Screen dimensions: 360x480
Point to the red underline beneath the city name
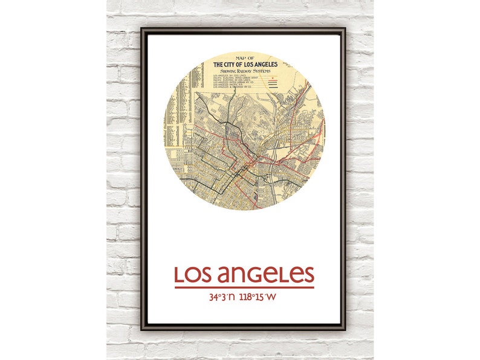pos(244,287)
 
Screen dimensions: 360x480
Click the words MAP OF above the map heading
pos(244,59)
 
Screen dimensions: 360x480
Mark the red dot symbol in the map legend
pos(274,79)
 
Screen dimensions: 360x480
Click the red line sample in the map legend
pos(274,82)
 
